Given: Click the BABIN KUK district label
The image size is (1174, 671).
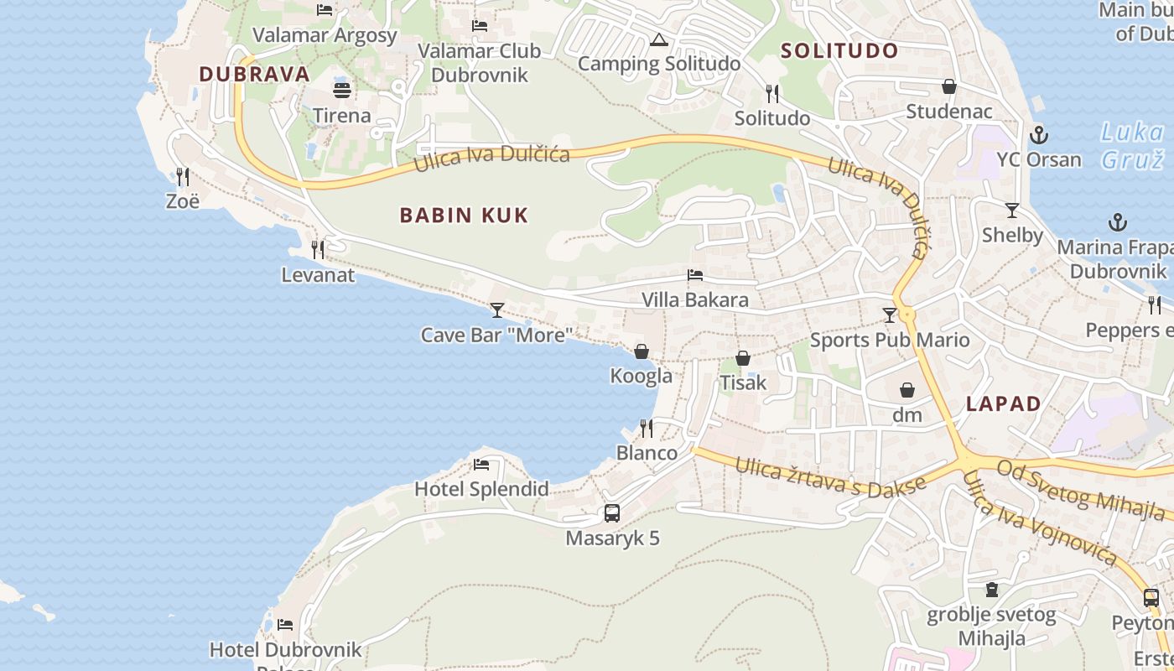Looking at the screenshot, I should point(464,216).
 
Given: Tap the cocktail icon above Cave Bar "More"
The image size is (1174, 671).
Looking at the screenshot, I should point(497,310).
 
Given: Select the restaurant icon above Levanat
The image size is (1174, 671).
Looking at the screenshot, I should point(318,249).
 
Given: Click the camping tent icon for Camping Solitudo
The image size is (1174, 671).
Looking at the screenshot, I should point(659,39).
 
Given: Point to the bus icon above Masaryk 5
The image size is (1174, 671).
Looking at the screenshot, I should point(612,512).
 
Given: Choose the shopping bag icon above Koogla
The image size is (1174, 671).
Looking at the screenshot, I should point(642,351).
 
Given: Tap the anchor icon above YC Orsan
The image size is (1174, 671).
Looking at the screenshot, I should point(1039,134).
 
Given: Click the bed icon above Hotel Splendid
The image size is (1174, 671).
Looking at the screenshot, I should point(481,464).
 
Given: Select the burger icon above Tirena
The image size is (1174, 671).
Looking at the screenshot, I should point(342,90).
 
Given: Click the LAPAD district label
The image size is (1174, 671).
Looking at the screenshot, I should point(1003,403).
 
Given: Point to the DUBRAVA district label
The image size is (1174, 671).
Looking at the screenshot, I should point(254,74).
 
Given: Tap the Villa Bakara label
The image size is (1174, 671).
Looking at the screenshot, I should point(694,299).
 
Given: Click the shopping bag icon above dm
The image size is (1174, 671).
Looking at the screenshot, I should point(907,390).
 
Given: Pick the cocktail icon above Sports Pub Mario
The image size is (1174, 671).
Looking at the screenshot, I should point(890,315).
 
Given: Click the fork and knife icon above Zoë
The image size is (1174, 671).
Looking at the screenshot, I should point(183,176).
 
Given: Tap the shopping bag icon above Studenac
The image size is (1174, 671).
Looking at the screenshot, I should point(949,86).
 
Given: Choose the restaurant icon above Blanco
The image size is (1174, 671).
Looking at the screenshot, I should point(647,429).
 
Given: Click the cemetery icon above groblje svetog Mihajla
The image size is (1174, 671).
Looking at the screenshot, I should point(992,590).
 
